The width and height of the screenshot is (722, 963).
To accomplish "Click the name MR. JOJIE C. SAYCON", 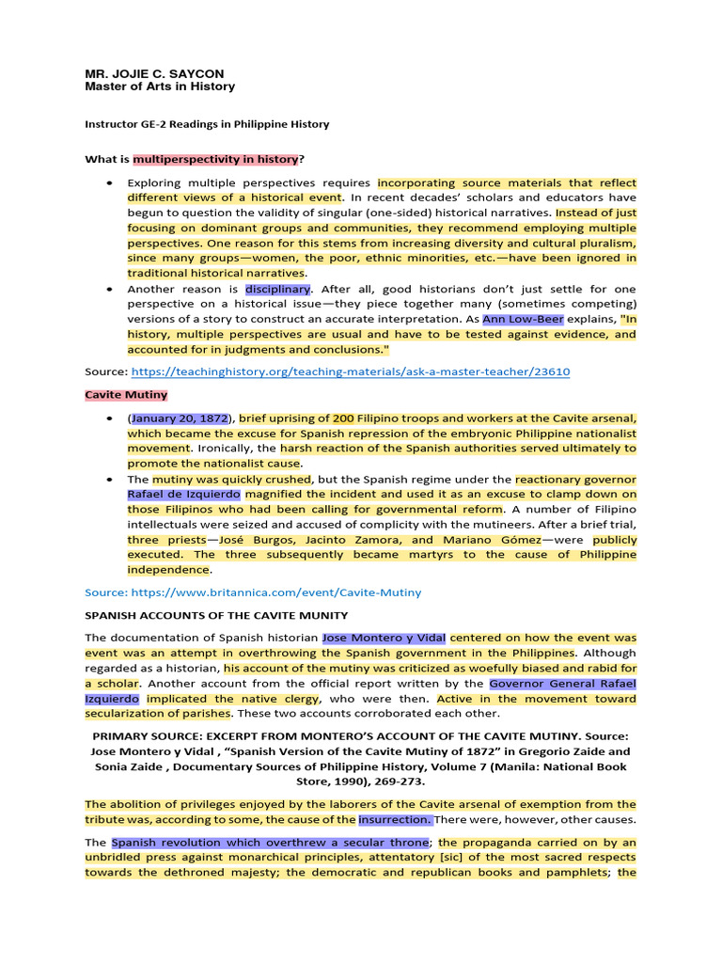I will tap(154, 73).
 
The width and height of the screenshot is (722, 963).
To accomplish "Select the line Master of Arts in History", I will tap(160, 87).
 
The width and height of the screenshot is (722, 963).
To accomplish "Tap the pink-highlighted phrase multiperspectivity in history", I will tap(215, 160).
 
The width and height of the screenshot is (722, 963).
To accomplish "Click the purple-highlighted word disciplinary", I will tap(277, 289).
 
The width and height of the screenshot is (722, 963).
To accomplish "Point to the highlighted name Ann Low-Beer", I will tap(517, 319).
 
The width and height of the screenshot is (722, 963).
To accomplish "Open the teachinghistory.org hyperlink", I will tap(350, 371).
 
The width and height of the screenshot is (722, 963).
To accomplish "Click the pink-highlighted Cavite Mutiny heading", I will tap(126, 396).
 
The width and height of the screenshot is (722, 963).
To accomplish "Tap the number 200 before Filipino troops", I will tap(343, 418).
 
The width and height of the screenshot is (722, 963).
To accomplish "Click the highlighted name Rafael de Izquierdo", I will tap(184, 494).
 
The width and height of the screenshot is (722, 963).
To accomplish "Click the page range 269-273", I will tap(399, 781).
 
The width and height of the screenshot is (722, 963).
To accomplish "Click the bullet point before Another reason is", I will tap(111, 290).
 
